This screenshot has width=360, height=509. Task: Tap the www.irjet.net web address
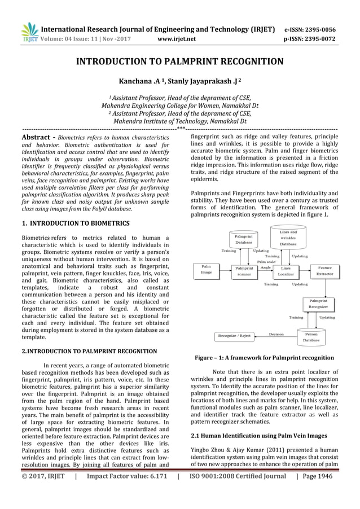(177, 39)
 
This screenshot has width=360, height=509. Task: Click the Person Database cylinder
(311, 337)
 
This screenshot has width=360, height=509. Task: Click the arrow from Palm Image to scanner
(225, 270)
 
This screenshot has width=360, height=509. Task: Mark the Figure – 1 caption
(264, 358)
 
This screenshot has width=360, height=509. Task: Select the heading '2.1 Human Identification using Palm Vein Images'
(259, 436)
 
